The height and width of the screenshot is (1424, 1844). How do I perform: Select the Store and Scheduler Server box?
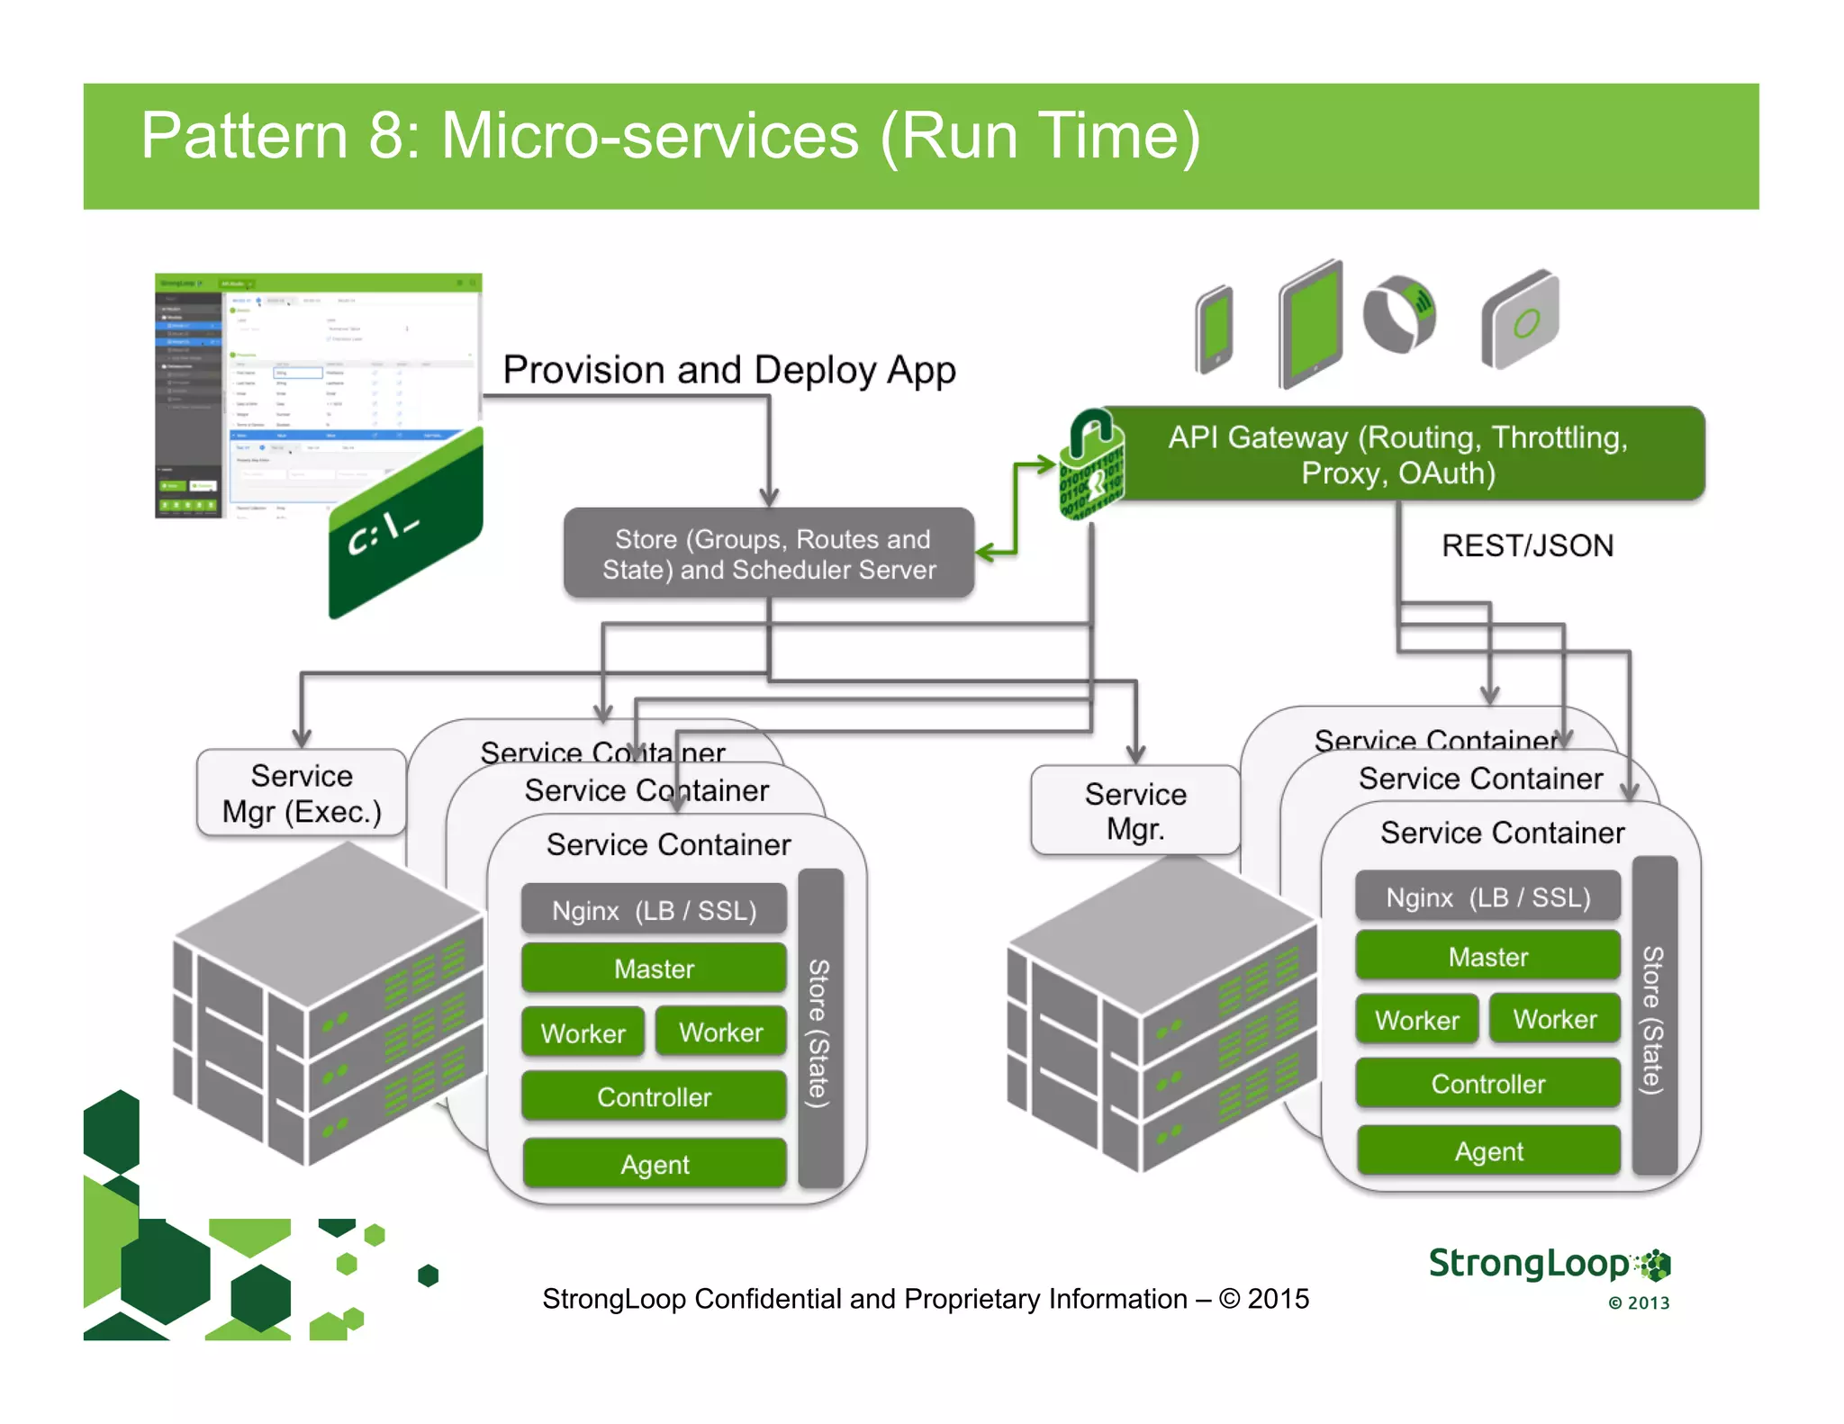(x=769, y=554)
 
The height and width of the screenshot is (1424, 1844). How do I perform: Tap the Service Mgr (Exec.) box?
(x=302, y=793)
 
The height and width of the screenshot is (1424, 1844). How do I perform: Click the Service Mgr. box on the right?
(x=1135, y=810)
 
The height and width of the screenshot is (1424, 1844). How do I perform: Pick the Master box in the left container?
(x=654, y=969)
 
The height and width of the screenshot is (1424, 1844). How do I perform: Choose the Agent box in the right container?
(x=1488, y=1151)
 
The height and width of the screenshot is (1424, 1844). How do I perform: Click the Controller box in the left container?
(x=654, y=1096)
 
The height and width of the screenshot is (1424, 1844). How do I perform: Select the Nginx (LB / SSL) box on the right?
(x=1487, y=897)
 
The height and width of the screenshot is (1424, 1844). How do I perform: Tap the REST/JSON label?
(x=1527, y=545)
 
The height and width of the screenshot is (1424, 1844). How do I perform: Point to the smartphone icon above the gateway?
(x=1215, y=329)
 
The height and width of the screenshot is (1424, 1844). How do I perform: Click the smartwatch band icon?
(x=1398, y=314)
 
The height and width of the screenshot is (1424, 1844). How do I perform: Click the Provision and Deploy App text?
(x=728, y=370)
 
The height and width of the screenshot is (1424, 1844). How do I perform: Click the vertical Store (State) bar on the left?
(x=819, y=1028)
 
